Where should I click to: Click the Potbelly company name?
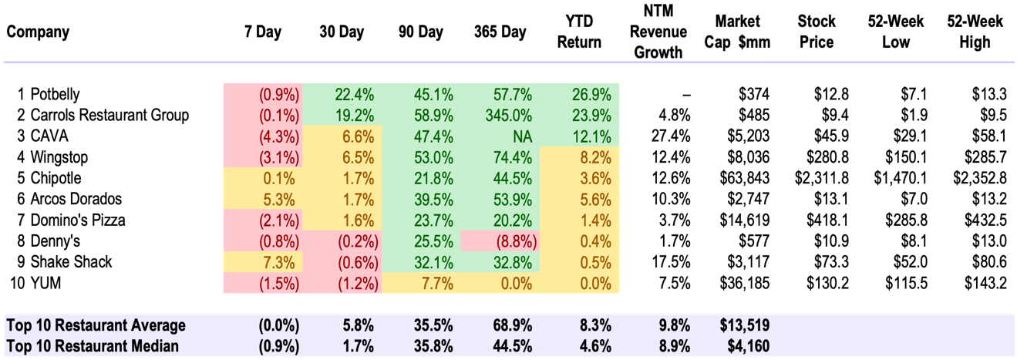[56, 95]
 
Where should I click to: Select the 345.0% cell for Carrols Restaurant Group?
[505, 116]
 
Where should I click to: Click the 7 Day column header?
[262, 32]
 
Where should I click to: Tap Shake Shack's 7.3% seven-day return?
[281, 262]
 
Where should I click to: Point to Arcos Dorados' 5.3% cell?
[281, 199]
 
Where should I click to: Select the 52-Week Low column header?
[896, 32]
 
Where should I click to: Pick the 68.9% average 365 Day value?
[507, 325]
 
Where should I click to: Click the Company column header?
[38, 32]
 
